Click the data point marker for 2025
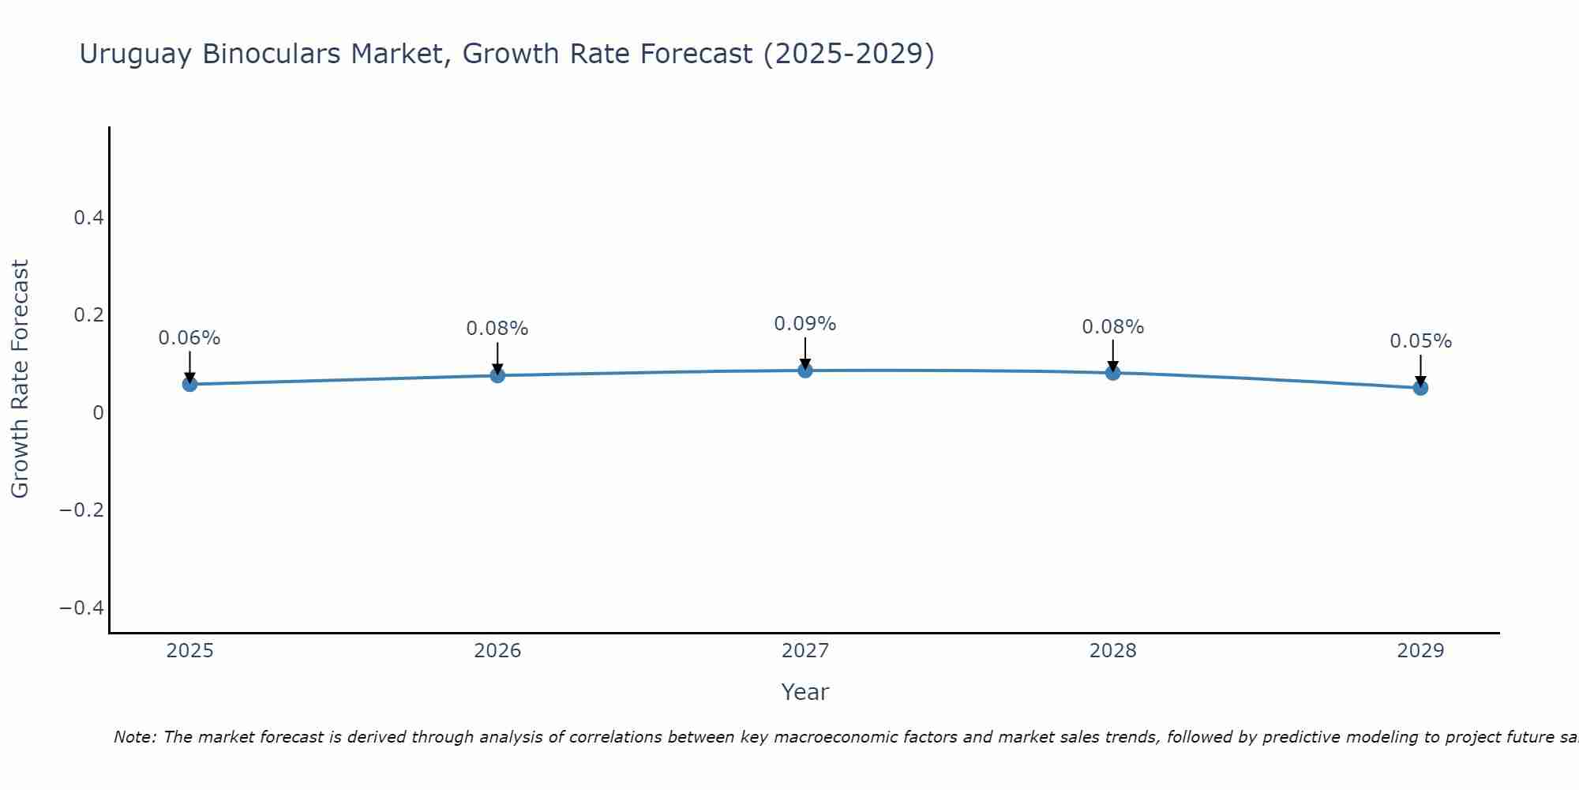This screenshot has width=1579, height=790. click(189, 384)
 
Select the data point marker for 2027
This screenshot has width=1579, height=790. click(805, 371)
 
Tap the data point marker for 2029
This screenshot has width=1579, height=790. click(1420, 388)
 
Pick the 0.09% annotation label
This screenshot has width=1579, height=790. click(805, 324)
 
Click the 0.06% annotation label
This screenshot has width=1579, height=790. click(189, 338)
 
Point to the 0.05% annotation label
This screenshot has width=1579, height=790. click(1420, 341)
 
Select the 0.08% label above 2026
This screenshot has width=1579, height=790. click(497, 329)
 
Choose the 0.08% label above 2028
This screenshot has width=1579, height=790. click(1112, 327)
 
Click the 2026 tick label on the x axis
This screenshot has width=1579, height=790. click(497, 651)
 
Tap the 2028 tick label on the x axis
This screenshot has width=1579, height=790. click(1112, 651)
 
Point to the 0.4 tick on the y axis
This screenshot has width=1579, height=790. click(88, 217)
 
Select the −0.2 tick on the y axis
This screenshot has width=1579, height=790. click(81, 510)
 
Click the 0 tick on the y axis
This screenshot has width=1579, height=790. click(98, 412)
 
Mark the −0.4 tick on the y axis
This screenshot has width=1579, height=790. click(81, 608)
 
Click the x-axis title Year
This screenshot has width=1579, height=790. click(805, 692)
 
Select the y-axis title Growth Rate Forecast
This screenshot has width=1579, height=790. click(20, 378)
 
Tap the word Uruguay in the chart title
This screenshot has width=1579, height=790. click(135, 54)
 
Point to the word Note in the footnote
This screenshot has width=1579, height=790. click(134, 737)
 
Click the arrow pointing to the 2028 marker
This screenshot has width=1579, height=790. click(1112, 356)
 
